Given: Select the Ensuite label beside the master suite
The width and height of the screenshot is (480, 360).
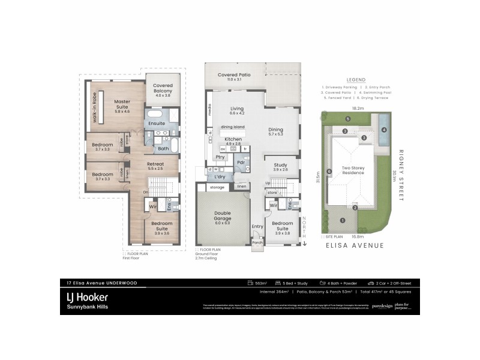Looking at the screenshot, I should click(x=157, y=124).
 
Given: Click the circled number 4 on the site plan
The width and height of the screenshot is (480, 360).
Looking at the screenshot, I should click(x=384, y=129).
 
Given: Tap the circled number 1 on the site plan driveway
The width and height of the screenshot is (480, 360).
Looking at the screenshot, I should click(x=343, y=220).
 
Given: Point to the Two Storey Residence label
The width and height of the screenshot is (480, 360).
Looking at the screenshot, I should click(x=353, y=170).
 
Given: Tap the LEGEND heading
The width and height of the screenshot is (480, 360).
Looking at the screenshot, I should click(x=356, y=80).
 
